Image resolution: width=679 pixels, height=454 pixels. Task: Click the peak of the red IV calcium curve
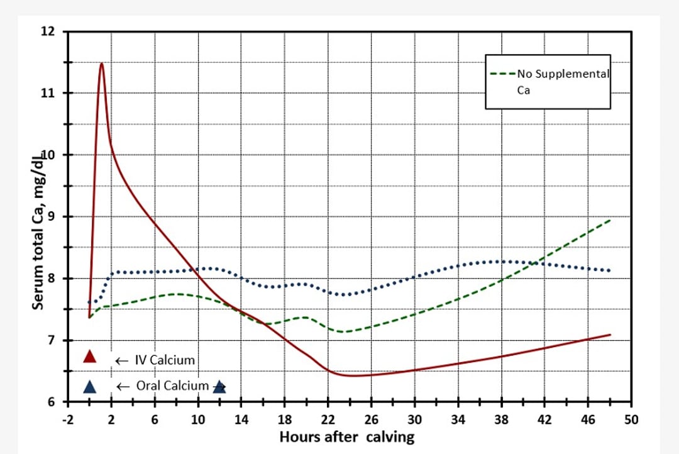[101, 63]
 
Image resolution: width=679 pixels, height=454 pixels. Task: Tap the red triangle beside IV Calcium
[90, 357]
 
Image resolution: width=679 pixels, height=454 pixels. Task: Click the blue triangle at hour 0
[90, 387]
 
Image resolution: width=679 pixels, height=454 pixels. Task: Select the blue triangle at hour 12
[219, 386]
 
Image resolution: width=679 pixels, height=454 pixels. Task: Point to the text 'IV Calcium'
[165, 360]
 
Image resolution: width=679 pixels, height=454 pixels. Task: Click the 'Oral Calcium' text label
[172, 385]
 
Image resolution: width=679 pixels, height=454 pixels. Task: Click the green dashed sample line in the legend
[503, 74]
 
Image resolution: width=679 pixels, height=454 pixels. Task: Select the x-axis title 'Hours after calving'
[347, 436]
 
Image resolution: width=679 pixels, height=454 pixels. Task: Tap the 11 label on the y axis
[48, 93]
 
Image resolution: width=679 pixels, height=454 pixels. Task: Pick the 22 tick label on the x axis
[328, 420]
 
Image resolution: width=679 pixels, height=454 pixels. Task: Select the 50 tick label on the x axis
[631, 420]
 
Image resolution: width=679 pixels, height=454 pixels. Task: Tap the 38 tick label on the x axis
[501, 420]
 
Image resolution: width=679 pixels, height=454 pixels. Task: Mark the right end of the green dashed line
[609, 220]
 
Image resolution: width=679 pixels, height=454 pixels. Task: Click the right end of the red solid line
[610, 335]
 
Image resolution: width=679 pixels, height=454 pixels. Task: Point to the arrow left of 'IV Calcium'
[122, 361]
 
